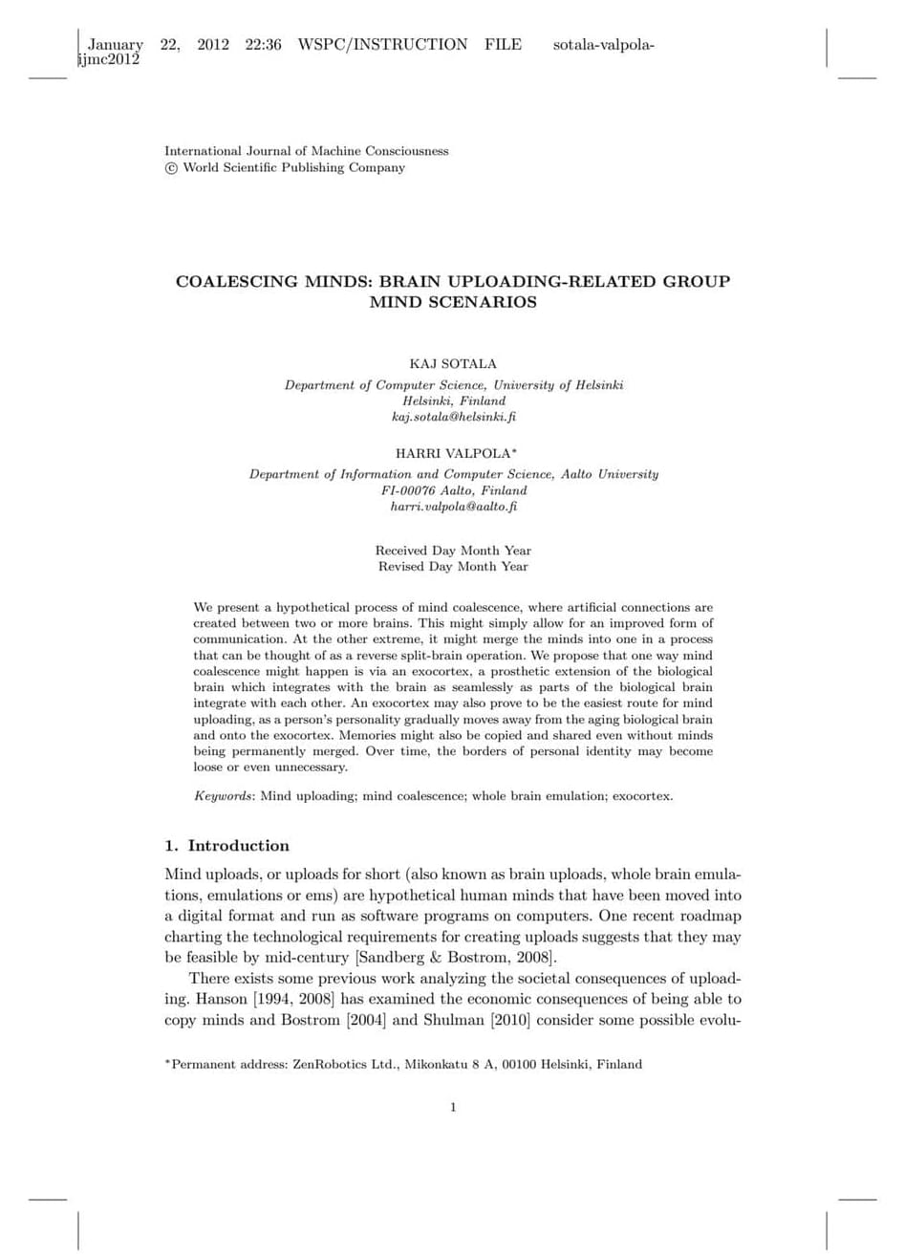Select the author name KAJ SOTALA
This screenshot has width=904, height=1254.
pos(453,364)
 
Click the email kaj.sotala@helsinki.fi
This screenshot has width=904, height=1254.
pos(454,417)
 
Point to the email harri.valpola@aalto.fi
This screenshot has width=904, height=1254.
pos(454,507)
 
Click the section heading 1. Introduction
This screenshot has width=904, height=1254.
pos(226,846)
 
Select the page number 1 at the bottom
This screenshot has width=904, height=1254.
pos(453,1107)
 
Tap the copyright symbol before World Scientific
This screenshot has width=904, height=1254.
pos(171,168)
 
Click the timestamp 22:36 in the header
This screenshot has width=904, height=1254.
pos(263,44)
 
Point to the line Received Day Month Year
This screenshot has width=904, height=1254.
pos(453,551)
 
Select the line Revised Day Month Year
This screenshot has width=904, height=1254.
pos(453,567)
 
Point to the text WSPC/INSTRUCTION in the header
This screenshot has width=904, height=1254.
pos(382,44)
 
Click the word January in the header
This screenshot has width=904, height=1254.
pos(116,44)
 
